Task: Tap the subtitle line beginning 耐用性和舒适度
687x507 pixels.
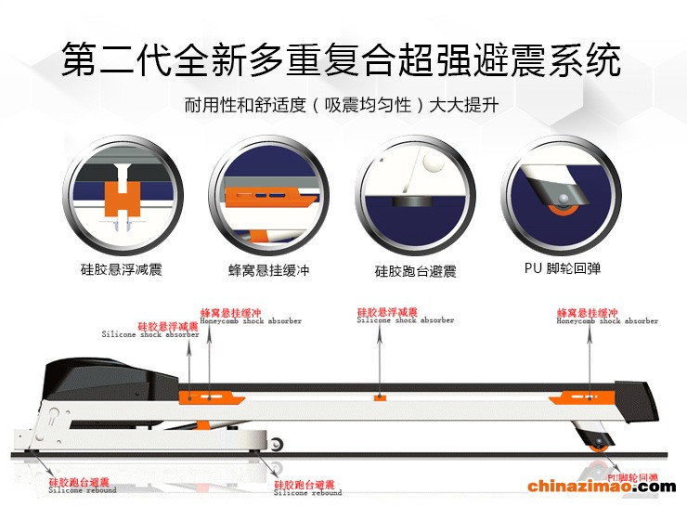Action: click(342, 106)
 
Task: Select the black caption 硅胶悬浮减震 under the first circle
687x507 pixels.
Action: click(121, 270)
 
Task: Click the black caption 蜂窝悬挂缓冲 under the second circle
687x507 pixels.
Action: click(265, 270)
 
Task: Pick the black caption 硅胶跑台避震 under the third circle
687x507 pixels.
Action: click(415, 271)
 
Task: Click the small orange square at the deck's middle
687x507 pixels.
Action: click(379, 397)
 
